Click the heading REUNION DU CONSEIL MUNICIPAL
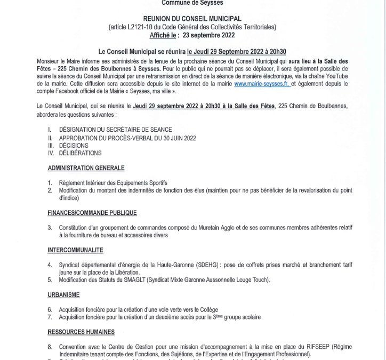pos(192,19)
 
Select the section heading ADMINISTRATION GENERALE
pos(86,168)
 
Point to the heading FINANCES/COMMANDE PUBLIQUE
pos(92,213)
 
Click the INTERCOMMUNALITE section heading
pos(75,250)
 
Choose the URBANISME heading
pos(63,294)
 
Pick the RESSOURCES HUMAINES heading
pos(81,332)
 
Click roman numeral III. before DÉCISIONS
pos(52,145)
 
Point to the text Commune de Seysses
pos(192,3)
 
